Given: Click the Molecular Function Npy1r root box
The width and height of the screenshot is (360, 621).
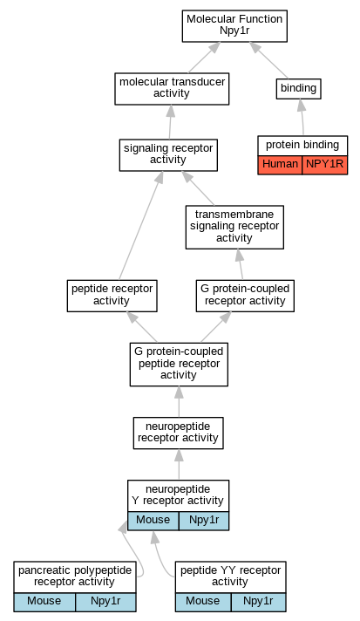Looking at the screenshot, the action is [234, 26].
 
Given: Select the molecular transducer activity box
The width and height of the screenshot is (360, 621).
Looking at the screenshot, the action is [172, 89].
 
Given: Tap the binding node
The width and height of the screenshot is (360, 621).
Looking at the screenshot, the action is [298, 89].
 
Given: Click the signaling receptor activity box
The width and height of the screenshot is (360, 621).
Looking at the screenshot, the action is [168, 155].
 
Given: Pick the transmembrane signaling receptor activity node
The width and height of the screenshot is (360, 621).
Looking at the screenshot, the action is [234, 227].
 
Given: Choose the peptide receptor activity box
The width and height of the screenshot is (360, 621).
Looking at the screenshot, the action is [112, 296].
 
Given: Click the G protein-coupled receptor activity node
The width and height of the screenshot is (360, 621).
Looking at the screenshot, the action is [245, 296].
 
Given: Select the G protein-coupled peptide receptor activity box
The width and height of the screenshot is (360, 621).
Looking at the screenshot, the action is [179, 365].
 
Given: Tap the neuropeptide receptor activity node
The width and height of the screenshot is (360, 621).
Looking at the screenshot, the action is [178, 433].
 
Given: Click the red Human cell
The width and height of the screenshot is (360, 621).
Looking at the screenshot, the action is [280, 165].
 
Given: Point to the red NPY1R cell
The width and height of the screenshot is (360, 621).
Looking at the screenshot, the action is [325, 165].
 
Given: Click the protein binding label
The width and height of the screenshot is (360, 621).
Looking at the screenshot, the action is [302, 146].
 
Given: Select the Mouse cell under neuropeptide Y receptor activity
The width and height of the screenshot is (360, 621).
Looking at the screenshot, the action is [153, 521].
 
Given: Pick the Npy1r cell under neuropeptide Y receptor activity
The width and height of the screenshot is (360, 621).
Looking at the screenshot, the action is [204, 521].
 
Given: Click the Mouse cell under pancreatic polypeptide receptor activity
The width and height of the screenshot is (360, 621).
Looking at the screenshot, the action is [44, 602].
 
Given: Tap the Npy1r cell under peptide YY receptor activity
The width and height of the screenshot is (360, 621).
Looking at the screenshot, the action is [258, 602].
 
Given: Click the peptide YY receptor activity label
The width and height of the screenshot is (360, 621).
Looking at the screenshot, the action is [230, 577].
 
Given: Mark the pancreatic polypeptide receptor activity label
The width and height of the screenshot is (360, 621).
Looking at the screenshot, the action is [75, 577].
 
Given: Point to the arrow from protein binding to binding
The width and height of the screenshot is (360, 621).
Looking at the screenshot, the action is [302, 117].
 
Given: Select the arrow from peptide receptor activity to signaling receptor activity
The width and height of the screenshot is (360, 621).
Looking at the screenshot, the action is [140, 225].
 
